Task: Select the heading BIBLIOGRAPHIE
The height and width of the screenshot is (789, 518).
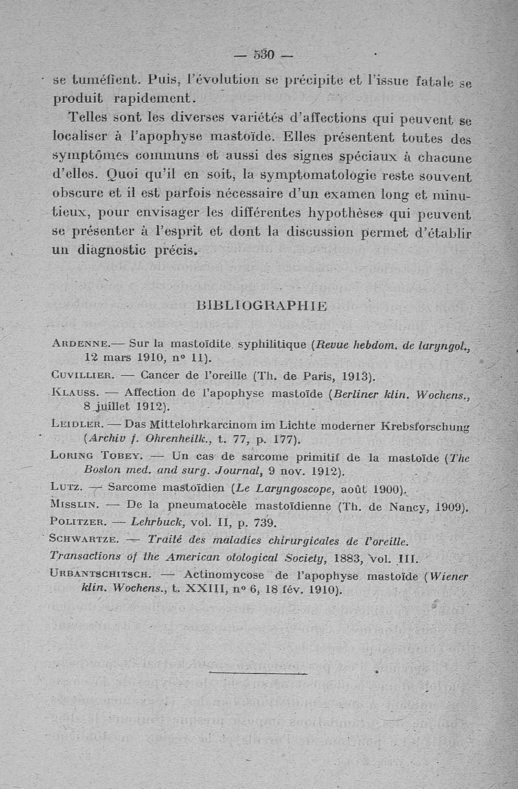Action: pyautogui.click(x=261, y=305)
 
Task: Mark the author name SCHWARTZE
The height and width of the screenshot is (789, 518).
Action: pyautogui.click(x=84, y=539)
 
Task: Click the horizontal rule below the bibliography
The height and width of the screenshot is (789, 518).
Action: pyautogui.click(x=258, y=674)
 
